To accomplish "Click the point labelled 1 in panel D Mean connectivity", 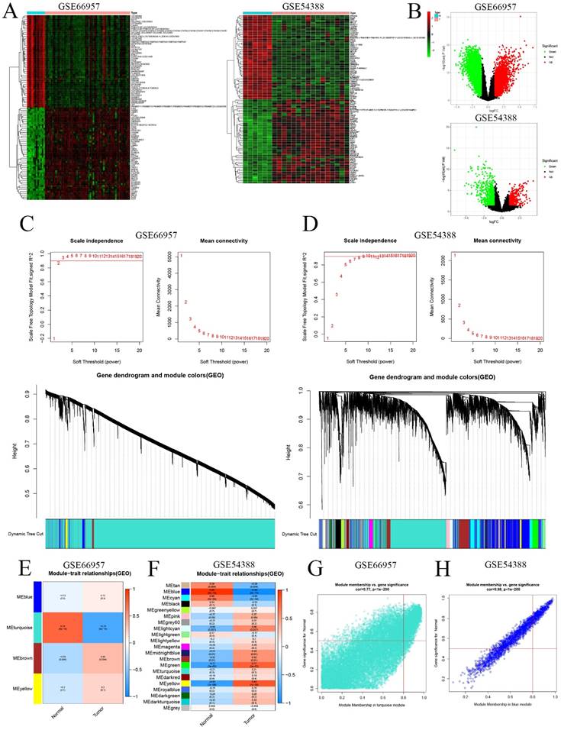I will [455, 256].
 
